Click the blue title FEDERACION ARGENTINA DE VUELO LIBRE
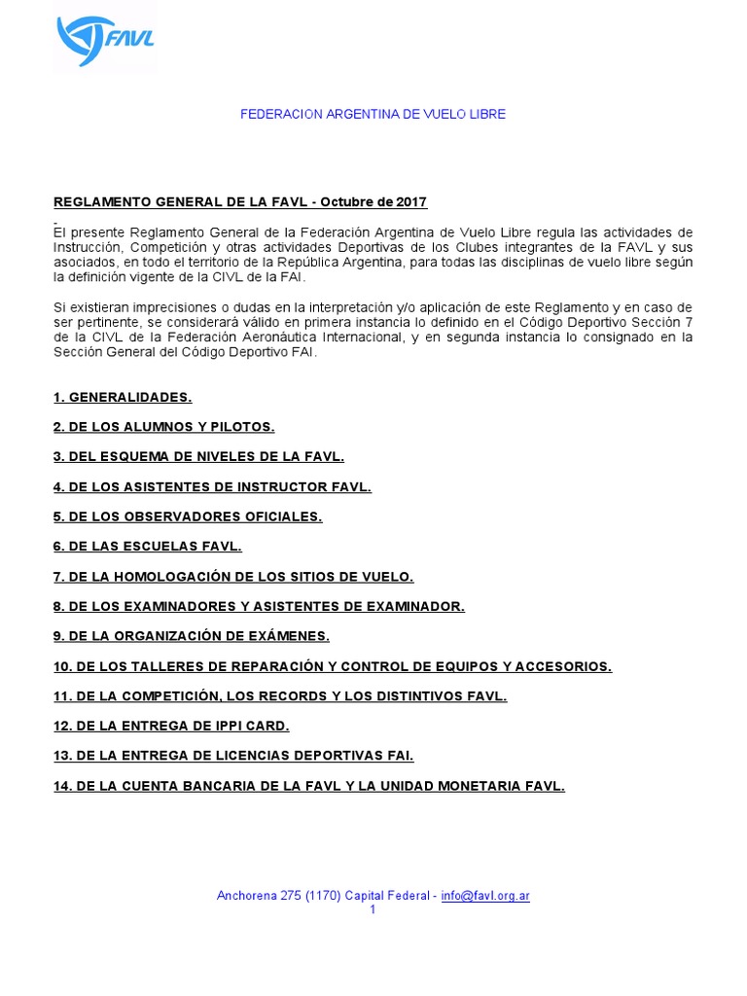[373, 115]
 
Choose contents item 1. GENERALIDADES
[123, 397]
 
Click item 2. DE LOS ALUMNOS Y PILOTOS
[164, 427]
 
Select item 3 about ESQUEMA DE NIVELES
[198, 456]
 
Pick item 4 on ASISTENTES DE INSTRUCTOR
[212, 486]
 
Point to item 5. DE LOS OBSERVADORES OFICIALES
[188, 516]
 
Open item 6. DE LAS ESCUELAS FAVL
[147, 547]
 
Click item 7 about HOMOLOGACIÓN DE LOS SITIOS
[233, 577]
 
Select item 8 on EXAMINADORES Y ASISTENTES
[259, 607]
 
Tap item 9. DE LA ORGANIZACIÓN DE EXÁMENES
[192, 636]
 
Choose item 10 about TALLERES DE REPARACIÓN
[333, 666]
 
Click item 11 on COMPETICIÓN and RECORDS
[280, 696]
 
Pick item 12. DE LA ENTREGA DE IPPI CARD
[171, 727]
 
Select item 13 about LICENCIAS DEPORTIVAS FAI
[233, 756]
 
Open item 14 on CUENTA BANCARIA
[309, 786]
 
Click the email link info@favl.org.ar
[484, 896]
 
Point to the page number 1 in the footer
[373, 909]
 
